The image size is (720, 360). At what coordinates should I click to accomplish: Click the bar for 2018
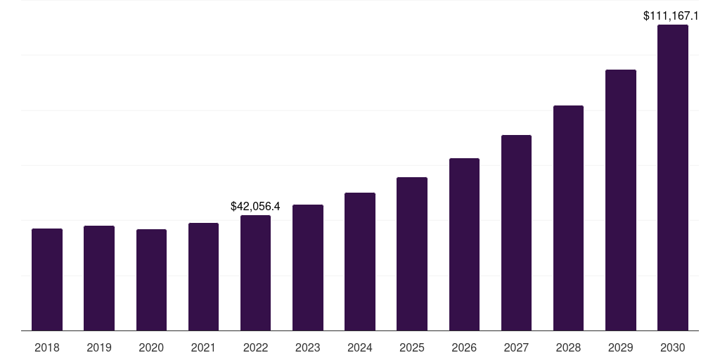point(47,280)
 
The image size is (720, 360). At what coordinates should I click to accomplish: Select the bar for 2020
point(151,280)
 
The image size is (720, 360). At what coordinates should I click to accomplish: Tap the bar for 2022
point(255,273)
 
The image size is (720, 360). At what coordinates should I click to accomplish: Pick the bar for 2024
point(360,262)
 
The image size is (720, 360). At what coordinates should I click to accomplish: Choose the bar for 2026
point(464,245)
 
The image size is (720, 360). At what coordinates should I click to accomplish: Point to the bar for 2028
point(568,218)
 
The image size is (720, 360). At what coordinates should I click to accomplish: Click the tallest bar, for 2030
point(673,178)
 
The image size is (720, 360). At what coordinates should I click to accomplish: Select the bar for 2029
point(621,200)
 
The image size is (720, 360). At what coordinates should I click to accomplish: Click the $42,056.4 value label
point(255,206)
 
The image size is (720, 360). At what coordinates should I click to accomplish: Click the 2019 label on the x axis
point(99,347)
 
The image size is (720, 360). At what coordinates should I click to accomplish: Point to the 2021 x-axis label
point(203,347)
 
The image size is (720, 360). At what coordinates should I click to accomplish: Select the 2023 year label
point(308,347)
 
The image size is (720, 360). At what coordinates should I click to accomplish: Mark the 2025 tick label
point(412,347)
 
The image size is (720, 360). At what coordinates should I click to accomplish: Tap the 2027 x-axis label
point(516,347)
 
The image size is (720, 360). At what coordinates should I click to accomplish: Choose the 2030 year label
point(673,347)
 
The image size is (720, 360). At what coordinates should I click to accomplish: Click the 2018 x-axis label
point(47,347)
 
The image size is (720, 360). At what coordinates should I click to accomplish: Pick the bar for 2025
point(412,254)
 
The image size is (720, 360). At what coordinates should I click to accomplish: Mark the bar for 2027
point(516,233)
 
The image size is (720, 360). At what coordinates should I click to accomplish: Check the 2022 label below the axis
point(255,347)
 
